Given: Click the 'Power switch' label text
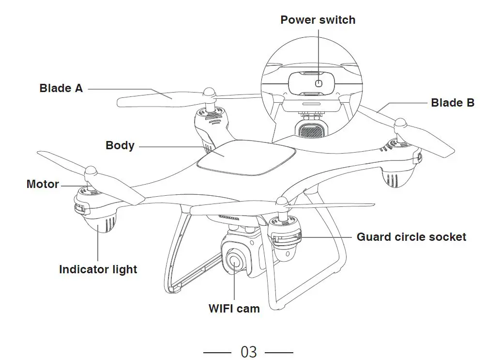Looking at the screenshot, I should (x=318, y=20).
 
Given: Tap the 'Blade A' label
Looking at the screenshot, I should (x=61, y=88).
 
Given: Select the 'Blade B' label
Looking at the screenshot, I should (x=452, y=103).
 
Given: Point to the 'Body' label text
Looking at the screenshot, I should (x=120, y=145).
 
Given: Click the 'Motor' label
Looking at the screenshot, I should (x=43, y=184).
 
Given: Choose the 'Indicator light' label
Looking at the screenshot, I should (x=98, y=269).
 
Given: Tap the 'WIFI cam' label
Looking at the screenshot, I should (x=234, y=308).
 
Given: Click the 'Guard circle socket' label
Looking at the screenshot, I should (x=411, y=237).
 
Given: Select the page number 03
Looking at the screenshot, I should (x=248, y=351).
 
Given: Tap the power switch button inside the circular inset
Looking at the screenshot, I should (x=318, y=83).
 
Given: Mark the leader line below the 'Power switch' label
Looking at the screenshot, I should (x=318, y=53).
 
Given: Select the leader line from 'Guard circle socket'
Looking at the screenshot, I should (x=324, y=237).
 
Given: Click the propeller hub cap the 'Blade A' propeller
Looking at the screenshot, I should (x=209, y=92).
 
